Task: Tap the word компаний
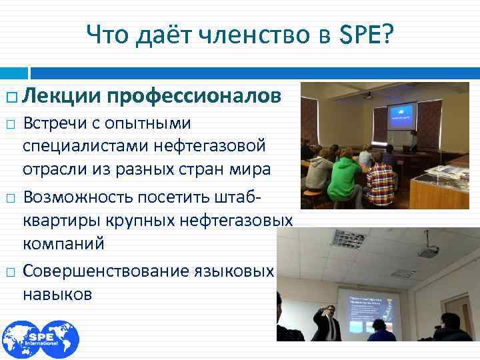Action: click(63, 243)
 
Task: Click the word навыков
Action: click(57, 294)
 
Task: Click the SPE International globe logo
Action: click(40, 339)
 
